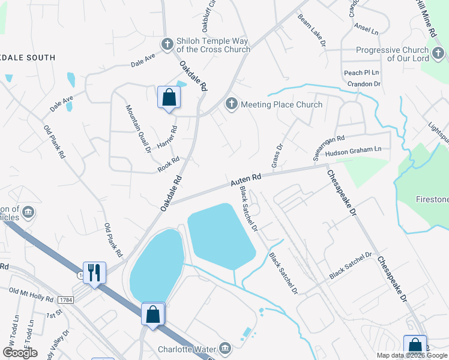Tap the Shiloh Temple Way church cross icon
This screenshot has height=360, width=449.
(x=167, y=44)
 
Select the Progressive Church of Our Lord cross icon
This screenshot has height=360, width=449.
(x=439, y=55)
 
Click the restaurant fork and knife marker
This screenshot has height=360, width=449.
(x=94, y=272)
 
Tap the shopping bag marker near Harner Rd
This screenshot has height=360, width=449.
(x=169, y=97)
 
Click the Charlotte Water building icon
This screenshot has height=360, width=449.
(x=225, y=348)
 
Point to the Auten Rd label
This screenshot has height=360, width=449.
(x=246, y=178)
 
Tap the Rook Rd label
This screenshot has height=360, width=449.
(x=169, y=165)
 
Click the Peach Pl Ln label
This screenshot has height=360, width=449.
(x=362, y=73)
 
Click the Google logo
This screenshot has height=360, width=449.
(x=20, y=353)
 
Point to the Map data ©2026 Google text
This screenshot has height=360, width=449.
(x=412, y=355)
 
